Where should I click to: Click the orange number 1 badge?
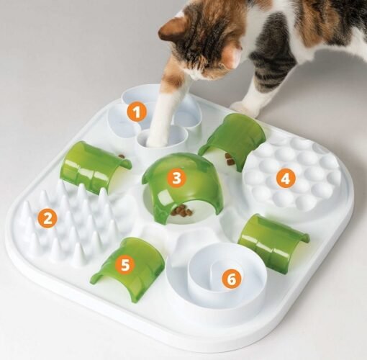[x=137, y=112]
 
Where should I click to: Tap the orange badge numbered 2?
[x=47, y=218]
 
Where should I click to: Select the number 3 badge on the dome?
[x=176, y=178]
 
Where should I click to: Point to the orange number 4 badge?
[x=285, y=179]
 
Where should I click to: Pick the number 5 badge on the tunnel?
[x=125, y=265]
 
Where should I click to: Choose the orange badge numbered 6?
[x=231, y=279]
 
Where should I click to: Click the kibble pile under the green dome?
[x=181, y=211]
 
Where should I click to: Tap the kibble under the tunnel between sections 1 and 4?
[x=230, y=159]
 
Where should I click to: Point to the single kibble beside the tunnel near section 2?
[x=122, y=156]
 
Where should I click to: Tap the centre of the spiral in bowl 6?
[x=217, y=271]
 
